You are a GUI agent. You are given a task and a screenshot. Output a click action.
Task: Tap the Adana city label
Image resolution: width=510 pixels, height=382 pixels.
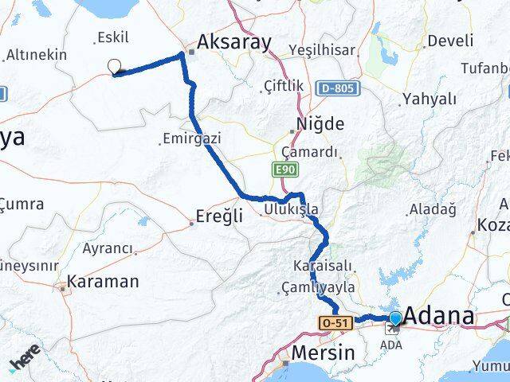(439, 316)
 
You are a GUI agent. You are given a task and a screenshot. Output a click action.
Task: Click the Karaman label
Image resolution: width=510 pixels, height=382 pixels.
(103, 281)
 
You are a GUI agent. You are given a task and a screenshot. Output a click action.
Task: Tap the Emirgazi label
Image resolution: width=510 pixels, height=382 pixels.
(190, 138)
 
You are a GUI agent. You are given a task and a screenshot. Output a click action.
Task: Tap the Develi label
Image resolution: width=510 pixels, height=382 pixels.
(449, 40)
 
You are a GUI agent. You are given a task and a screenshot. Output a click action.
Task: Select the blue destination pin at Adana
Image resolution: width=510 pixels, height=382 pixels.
(395, 319)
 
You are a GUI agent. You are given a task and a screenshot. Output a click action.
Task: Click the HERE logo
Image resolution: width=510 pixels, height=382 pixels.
(25, 361)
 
